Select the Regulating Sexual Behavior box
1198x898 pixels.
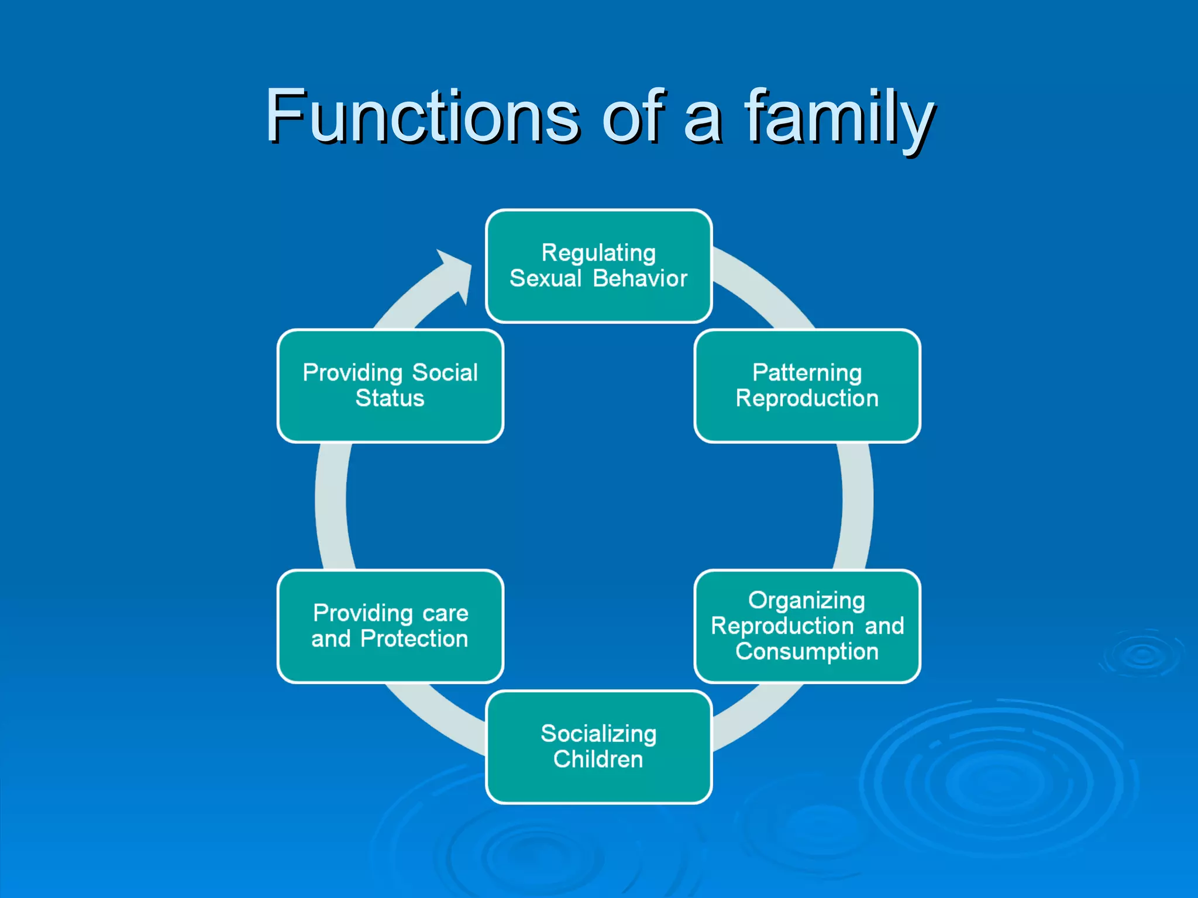tap(598, 266)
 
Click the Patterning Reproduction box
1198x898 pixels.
tap(807, 386)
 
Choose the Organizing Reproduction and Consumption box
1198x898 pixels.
tap(807, 626)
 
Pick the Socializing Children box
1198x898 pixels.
tap(598, 747)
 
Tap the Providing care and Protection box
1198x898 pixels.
tap(390, 626)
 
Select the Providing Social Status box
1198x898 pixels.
tap(390, 386)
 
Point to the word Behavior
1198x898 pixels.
tap(640, 279)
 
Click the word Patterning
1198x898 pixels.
tap(807, 373)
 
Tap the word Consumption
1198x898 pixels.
tap(807, 651)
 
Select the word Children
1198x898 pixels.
tap(598, 759)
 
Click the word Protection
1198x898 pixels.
tap(414, 639)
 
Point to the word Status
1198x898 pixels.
tap(390, 399)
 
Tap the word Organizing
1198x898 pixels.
tap(807, 600)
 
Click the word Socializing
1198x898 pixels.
tap(598, 734)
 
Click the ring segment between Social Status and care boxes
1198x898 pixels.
tap(331, 506)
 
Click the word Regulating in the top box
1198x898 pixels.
tap(598, 253)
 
